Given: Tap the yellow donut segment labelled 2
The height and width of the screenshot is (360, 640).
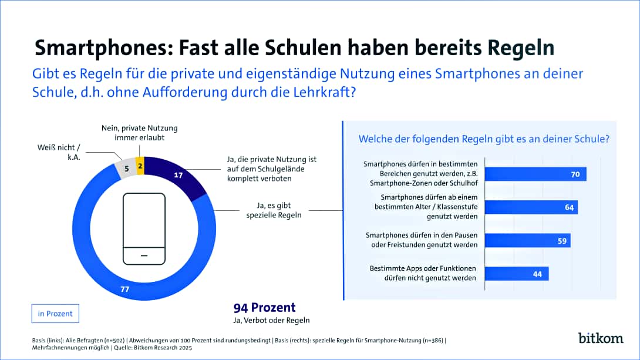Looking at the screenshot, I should click(x=139, y=166).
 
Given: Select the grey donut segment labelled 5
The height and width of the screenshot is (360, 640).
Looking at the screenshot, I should click(x=126, y=168).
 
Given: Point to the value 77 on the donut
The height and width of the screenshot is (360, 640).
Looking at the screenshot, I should click(x=125, y=290).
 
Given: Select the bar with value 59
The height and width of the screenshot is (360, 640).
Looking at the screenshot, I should click(x=528, y=240).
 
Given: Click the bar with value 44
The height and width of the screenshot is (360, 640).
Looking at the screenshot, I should click(x=517, y=273).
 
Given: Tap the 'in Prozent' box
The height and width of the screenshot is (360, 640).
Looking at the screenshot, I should click(x=55, y=314).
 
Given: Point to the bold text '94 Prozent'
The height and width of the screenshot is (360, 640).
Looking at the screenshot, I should click(x=264, y=308).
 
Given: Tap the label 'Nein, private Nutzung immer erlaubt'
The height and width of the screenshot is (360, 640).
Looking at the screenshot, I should click(x=137, y=133).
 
